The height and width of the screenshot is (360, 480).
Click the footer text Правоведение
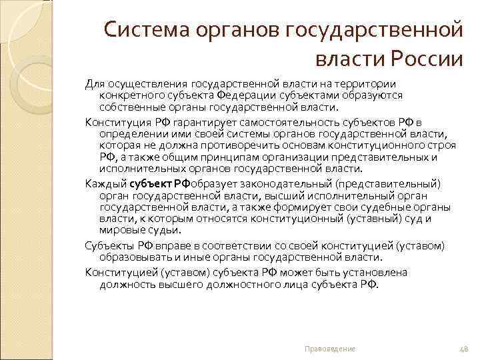(x=330, y=349)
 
